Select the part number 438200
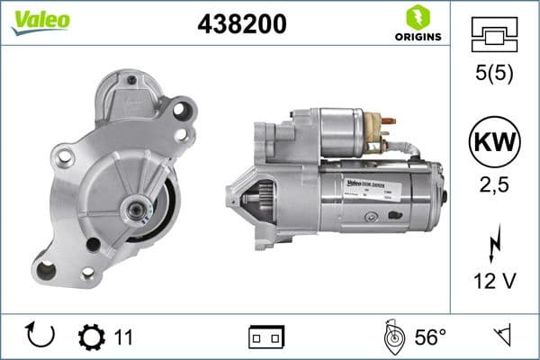[241, 24]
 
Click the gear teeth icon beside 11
[91, 337]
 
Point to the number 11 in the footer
[123, 337]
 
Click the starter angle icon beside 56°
[393, 337]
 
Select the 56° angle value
[430, 337]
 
